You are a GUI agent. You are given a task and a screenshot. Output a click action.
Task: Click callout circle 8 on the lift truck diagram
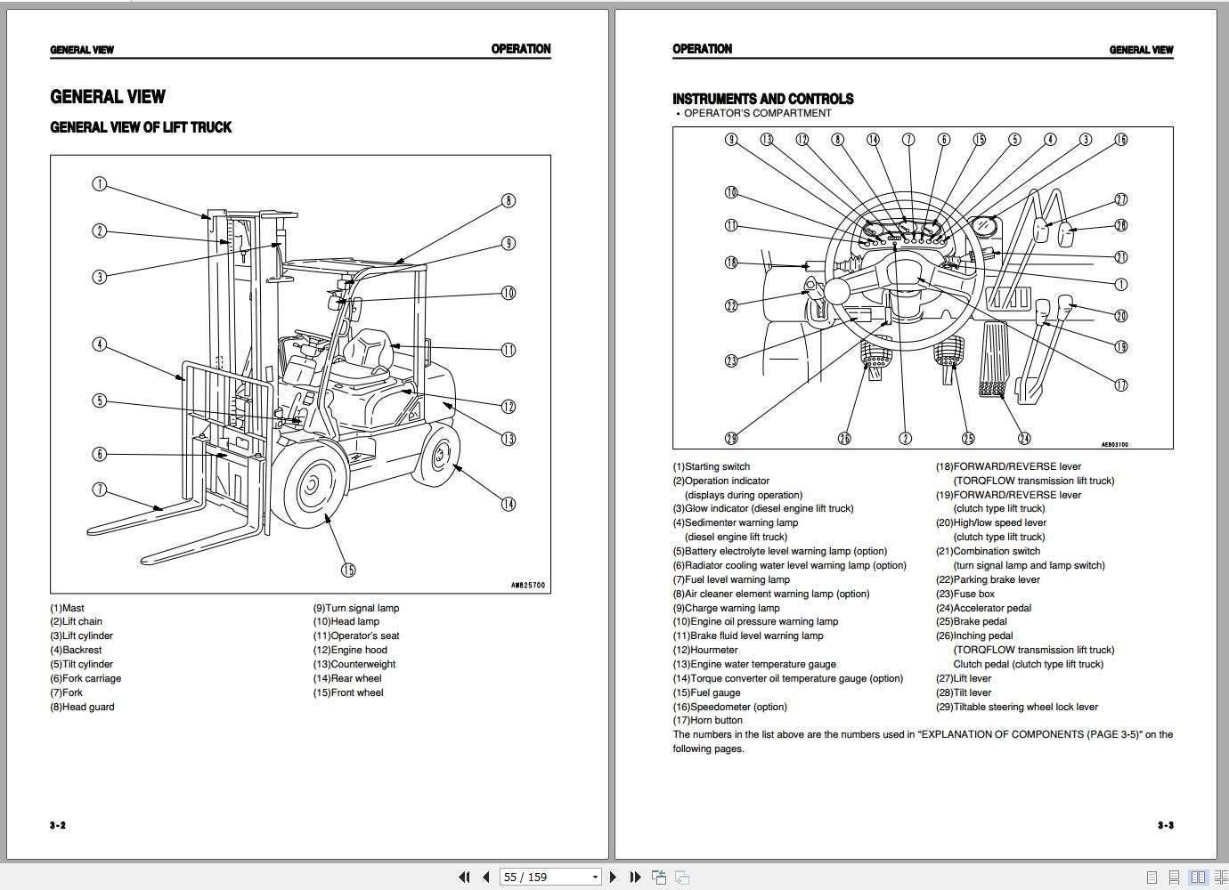(x=509, y=201)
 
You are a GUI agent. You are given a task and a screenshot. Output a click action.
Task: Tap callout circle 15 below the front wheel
(x=348, y=570)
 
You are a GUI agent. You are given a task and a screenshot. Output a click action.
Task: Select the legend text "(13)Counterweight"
(x=354, y=664)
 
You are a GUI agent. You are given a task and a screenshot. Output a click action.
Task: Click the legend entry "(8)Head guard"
(x=82, y=707)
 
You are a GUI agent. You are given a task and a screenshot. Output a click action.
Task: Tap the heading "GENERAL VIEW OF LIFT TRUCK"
(x=141, y=127)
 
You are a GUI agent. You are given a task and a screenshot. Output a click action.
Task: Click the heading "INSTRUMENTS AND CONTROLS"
(x=762, y=99)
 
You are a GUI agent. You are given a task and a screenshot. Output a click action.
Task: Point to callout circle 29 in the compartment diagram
(x=731, y=439)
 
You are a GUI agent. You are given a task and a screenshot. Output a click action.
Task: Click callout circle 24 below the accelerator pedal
(x=1025, y=438)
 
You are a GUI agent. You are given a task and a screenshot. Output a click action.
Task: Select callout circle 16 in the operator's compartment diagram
(x=1121, y=140)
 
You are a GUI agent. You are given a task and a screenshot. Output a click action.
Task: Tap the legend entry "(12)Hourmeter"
(x=705, y=650)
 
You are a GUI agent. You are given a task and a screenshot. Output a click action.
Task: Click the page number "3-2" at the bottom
(x=58, y=825)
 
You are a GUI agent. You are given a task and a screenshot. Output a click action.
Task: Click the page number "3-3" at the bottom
(x=1166, y=825)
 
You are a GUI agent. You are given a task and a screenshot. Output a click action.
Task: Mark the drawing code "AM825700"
(x=527, y=586)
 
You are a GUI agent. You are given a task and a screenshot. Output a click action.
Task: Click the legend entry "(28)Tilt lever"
(x=963, y=692)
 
